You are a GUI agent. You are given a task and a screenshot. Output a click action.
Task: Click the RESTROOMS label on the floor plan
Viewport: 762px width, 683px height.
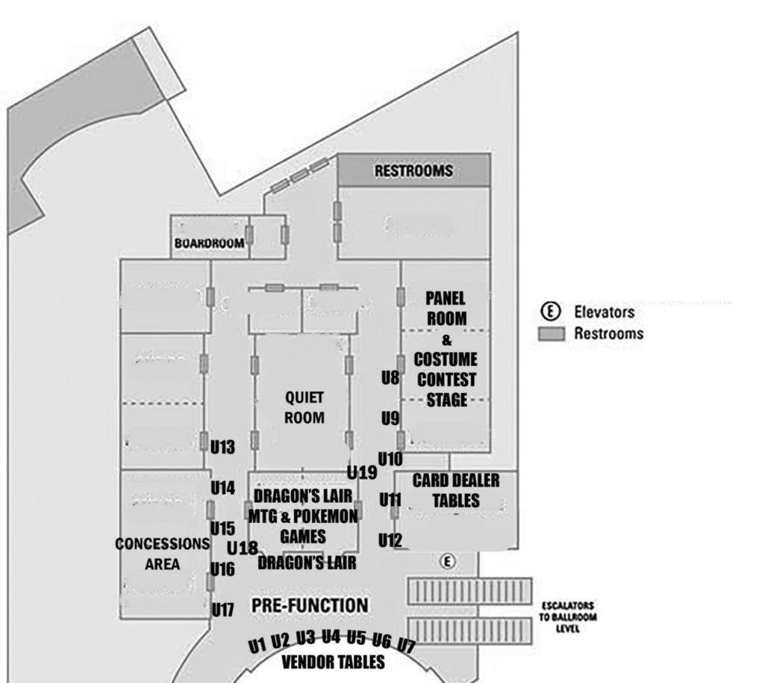[413, 171]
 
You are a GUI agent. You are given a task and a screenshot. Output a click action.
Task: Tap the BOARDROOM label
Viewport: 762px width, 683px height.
[209, 243]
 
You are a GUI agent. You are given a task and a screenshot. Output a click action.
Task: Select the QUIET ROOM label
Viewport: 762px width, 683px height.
[304, 407]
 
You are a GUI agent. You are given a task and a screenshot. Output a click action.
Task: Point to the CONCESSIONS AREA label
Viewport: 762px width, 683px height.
[163, 554]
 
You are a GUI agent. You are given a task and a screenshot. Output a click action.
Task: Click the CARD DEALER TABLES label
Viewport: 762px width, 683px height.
[455, 490]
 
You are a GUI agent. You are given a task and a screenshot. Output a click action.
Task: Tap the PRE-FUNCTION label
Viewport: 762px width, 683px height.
[309, 605]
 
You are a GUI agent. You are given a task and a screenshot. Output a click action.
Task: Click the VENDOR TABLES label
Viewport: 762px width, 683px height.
[333, 662]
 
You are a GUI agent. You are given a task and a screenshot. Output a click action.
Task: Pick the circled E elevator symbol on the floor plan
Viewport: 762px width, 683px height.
[446, 560]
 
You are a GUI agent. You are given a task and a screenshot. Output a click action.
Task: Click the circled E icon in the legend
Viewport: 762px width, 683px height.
[551, 312]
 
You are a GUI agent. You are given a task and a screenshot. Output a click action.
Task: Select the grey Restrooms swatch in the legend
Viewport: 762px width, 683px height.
[551, 334]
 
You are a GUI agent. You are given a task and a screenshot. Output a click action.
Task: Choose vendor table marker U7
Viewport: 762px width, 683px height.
[407, 644]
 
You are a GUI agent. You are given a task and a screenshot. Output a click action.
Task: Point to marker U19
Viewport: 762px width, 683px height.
[362, 472]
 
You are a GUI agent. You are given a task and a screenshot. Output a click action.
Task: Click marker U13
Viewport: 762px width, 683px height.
[222, 448]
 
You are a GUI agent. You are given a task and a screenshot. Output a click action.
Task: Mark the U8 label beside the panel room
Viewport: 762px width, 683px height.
[390, 377]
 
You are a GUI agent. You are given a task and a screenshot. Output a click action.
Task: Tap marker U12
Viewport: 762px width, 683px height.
[390, 540]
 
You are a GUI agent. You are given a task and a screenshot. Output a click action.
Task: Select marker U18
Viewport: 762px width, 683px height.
[242, 548]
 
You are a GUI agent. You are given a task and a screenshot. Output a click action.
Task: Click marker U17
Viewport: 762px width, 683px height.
[222, 611]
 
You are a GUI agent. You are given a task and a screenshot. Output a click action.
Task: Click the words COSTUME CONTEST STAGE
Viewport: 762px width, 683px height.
[446, 380]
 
